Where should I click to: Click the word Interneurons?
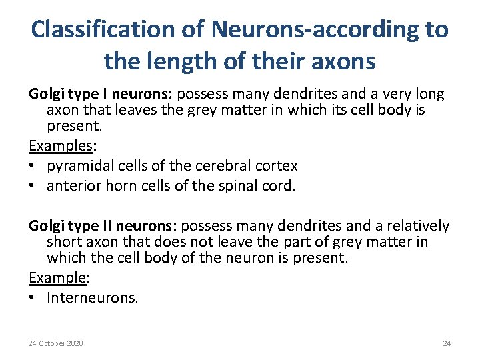93,297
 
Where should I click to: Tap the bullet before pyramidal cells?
33,165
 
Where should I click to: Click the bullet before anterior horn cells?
33,186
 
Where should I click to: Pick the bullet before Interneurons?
33,297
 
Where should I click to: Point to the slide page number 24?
447,343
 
